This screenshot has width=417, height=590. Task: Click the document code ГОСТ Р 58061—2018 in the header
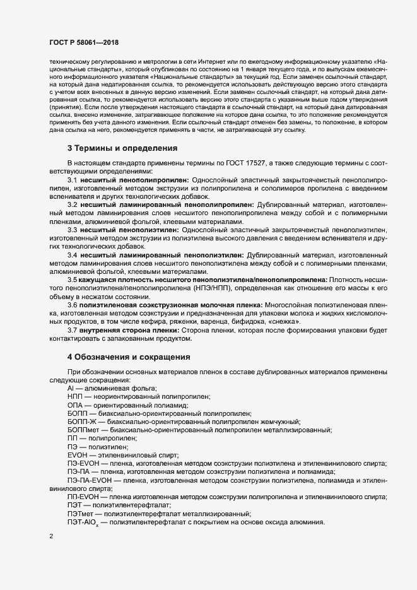(83, 42)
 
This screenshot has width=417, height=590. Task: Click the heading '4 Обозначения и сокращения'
(129, 357)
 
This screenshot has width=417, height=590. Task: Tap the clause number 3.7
(72, 331)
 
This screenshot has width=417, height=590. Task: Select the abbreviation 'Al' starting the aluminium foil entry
(70, 388)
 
